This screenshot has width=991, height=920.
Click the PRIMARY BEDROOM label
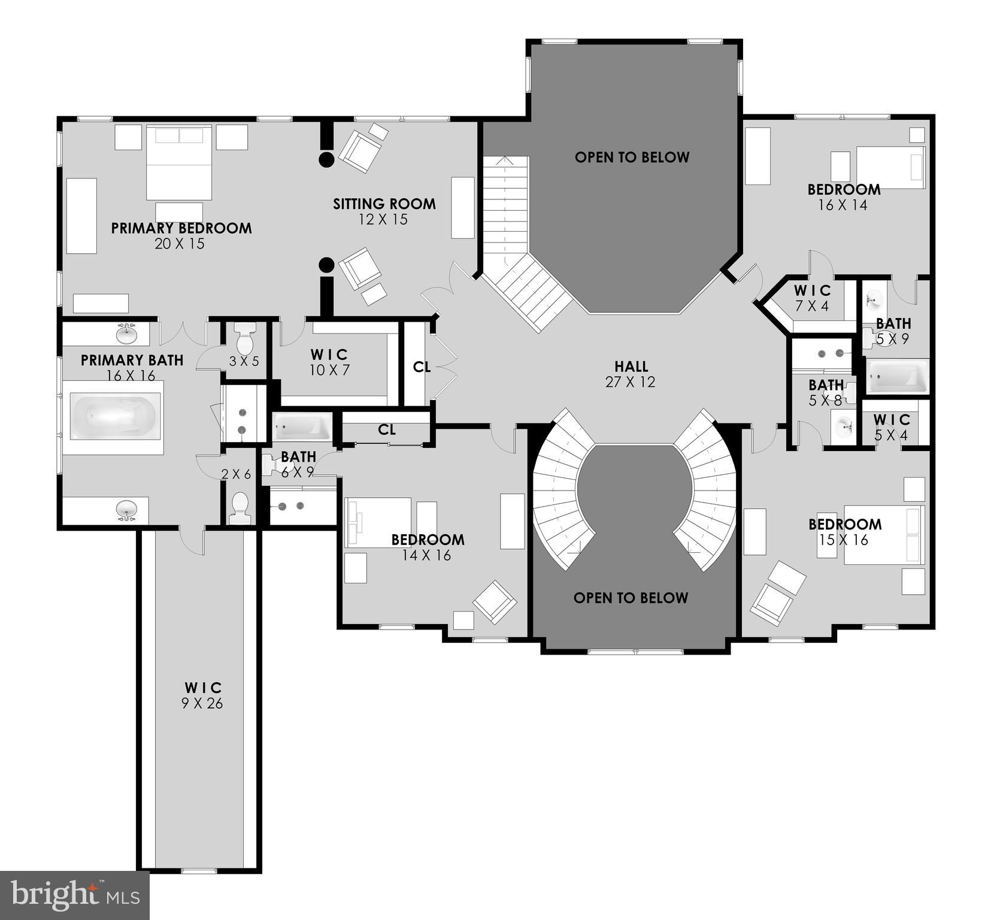[x=181, y=228]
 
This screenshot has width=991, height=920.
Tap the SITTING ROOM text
[x=384, y=204]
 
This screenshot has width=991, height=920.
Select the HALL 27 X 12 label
[x=631, y=374]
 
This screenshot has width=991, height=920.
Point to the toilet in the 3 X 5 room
[x=246, y=340]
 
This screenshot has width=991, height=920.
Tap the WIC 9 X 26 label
[x=202, y=695]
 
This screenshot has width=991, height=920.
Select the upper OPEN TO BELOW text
[x=632, y=158]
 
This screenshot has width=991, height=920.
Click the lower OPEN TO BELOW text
[x=631, y=598]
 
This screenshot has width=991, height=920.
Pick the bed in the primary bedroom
[x=179, y=163]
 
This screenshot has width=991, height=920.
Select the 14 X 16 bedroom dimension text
[x=426, y=556]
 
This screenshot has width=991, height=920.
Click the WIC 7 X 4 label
[x=812, y=298]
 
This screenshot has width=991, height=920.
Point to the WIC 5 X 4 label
[x=892, y=427]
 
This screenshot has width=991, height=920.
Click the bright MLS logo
[x=74, y=895]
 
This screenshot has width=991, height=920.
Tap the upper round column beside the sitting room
[x=326, y=159]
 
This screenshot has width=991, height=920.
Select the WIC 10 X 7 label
[x=329, y=362]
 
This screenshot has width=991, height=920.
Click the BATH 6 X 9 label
[x=298, y=464]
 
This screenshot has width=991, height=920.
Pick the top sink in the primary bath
[x=126, y=334]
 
